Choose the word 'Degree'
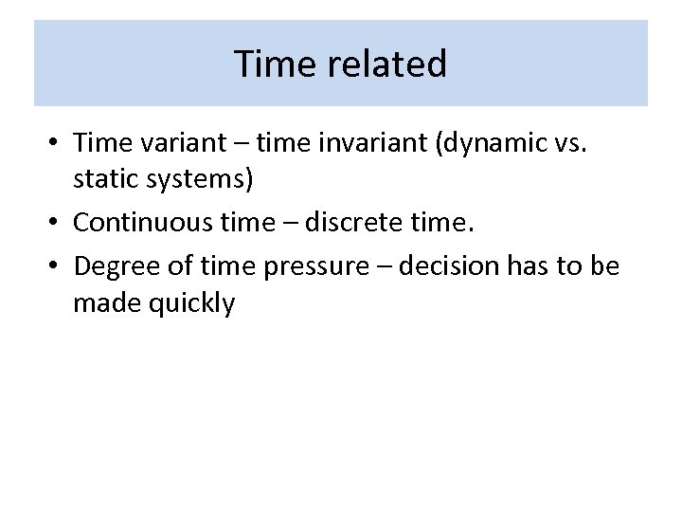click(113, 265)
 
